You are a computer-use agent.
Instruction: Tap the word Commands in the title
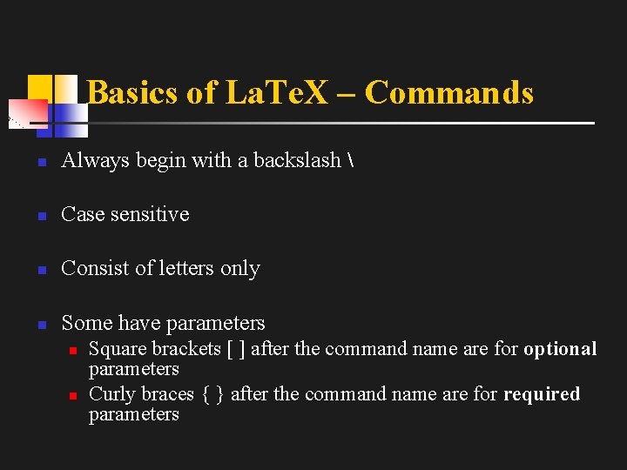tap(449, 92)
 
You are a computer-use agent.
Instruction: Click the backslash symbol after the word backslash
tap(350, 160)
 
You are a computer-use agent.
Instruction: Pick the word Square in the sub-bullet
tap(118, 350)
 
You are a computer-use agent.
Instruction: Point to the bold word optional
tap(560, 349)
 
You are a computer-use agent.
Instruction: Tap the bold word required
tap(542, 394)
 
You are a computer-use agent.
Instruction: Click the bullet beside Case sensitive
tap(40, 215)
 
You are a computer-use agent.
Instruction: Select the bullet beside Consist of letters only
tap(40, 270)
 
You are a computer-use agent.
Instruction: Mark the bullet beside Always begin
tap(40, 162)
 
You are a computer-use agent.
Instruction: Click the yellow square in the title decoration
tap(40, 87)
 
